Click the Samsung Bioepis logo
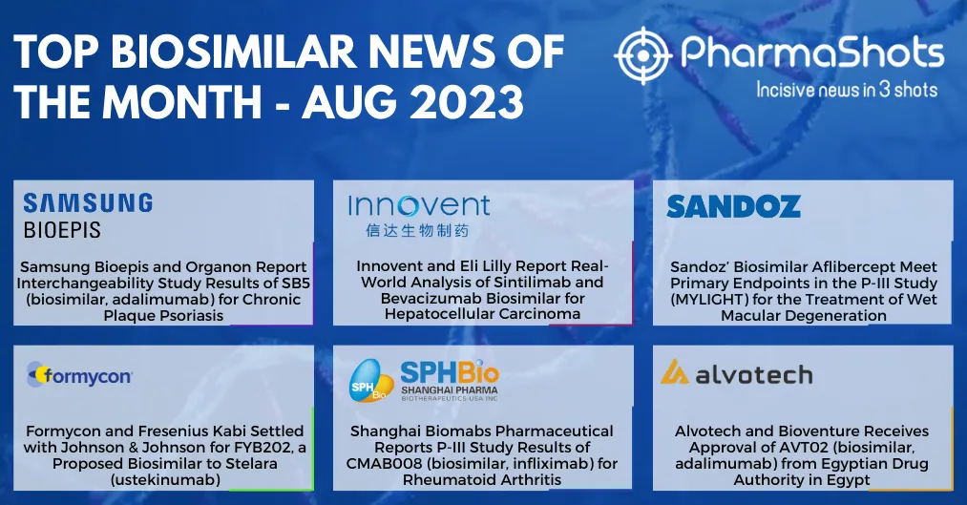click(x=88, y=216)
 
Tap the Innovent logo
click(x=419, y=216)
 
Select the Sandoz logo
click(x=733, y=206)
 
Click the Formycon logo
click(x=79, y=375)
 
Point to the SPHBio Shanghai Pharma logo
click(x=424, y=380)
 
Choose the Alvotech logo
click(x=736, y=373)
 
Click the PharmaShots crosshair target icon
click(x=643, y=55)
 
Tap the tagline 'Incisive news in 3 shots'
click(x=847, y=90)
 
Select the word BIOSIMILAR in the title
click(x=234, y=52)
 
